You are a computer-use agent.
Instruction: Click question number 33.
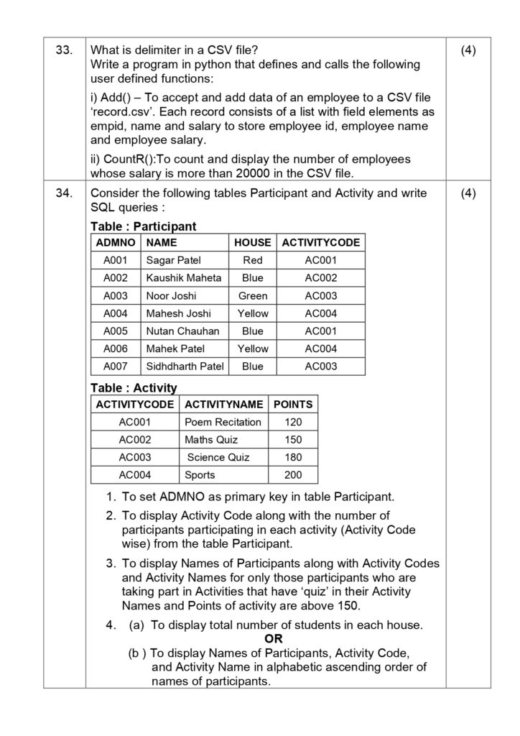[x=64, y=50]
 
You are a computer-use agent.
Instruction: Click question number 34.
[x=64, y=193]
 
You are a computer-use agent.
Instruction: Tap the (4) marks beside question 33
[x=468, y=50]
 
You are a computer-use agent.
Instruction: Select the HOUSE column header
[x=253, y=243]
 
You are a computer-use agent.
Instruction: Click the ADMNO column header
[x=116, y=243]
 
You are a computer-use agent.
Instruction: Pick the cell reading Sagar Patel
[x=174, y=260]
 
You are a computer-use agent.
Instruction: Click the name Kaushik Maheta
[x=184, y=278]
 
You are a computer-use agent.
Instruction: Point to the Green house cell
[x=253, y=295]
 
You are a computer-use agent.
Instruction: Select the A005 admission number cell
[x=116, y=331]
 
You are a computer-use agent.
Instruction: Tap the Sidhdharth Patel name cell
[x=185, y=367]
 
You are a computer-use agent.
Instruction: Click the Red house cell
[x=253, y=260]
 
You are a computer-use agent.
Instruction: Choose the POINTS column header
[x=293, y=405]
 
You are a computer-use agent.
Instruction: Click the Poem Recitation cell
[x=223, y=422]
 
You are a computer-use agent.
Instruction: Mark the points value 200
[x=293, y=475]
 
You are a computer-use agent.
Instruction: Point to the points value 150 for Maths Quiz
[x=293, y=440]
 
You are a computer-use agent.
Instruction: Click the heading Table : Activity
[x=134, y=388]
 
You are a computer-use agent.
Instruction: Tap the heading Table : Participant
[x=143, y=226]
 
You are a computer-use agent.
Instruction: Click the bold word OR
[x=274, y=639]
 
